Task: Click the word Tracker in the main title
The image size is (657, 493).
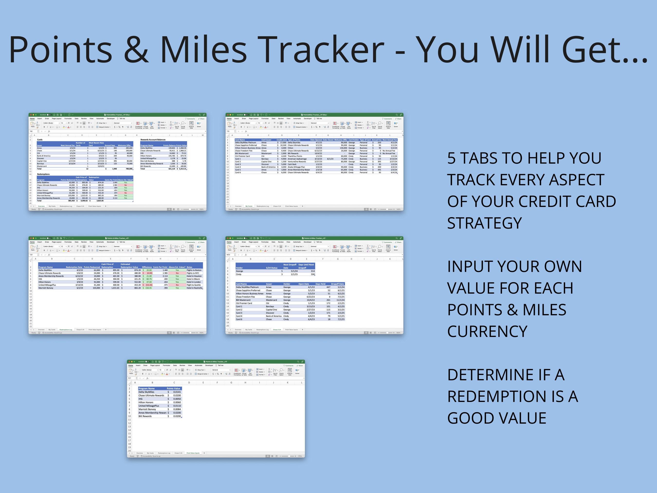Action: (x=323, y=50)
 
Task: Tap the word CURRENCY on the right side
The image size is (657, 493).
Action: (x=487, y=331)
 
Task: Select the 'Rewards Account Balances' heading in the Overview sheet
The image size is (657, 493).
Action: (x=153, y=140)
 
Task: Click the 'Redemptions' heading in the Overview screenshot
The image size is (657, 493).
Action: (x=43, y=174)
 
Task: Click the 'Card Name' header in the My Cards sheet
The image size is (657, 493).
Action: (x=240, y=140)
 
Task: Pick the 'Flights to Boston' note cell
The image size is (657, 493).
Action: (x=194, y=270)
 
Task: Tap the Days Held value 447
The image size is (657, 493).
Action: (x=328, y=287)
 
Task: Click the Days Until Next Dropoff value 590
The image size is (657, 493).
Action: (x=312, y=274)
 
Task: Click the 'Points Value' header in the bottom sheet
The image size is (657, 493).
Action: (x=173, y=388)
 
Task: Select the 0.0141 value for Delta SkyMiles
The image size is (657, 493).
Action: (x=177, y=392)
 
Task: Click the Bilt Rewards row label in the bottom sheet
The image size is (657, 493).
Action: (x=145, y=416)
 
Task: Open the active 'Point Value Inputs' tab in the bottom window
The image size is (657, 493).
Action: (x=193, y=453)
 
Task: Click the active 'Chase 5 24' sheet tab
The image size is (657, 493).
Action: (x=277, y=330)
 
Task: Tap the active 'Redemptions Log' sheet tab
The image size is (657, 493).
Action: (x=66, y=330)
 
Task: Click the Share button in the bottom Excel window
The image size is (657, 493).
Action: (x=300, y=365)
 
